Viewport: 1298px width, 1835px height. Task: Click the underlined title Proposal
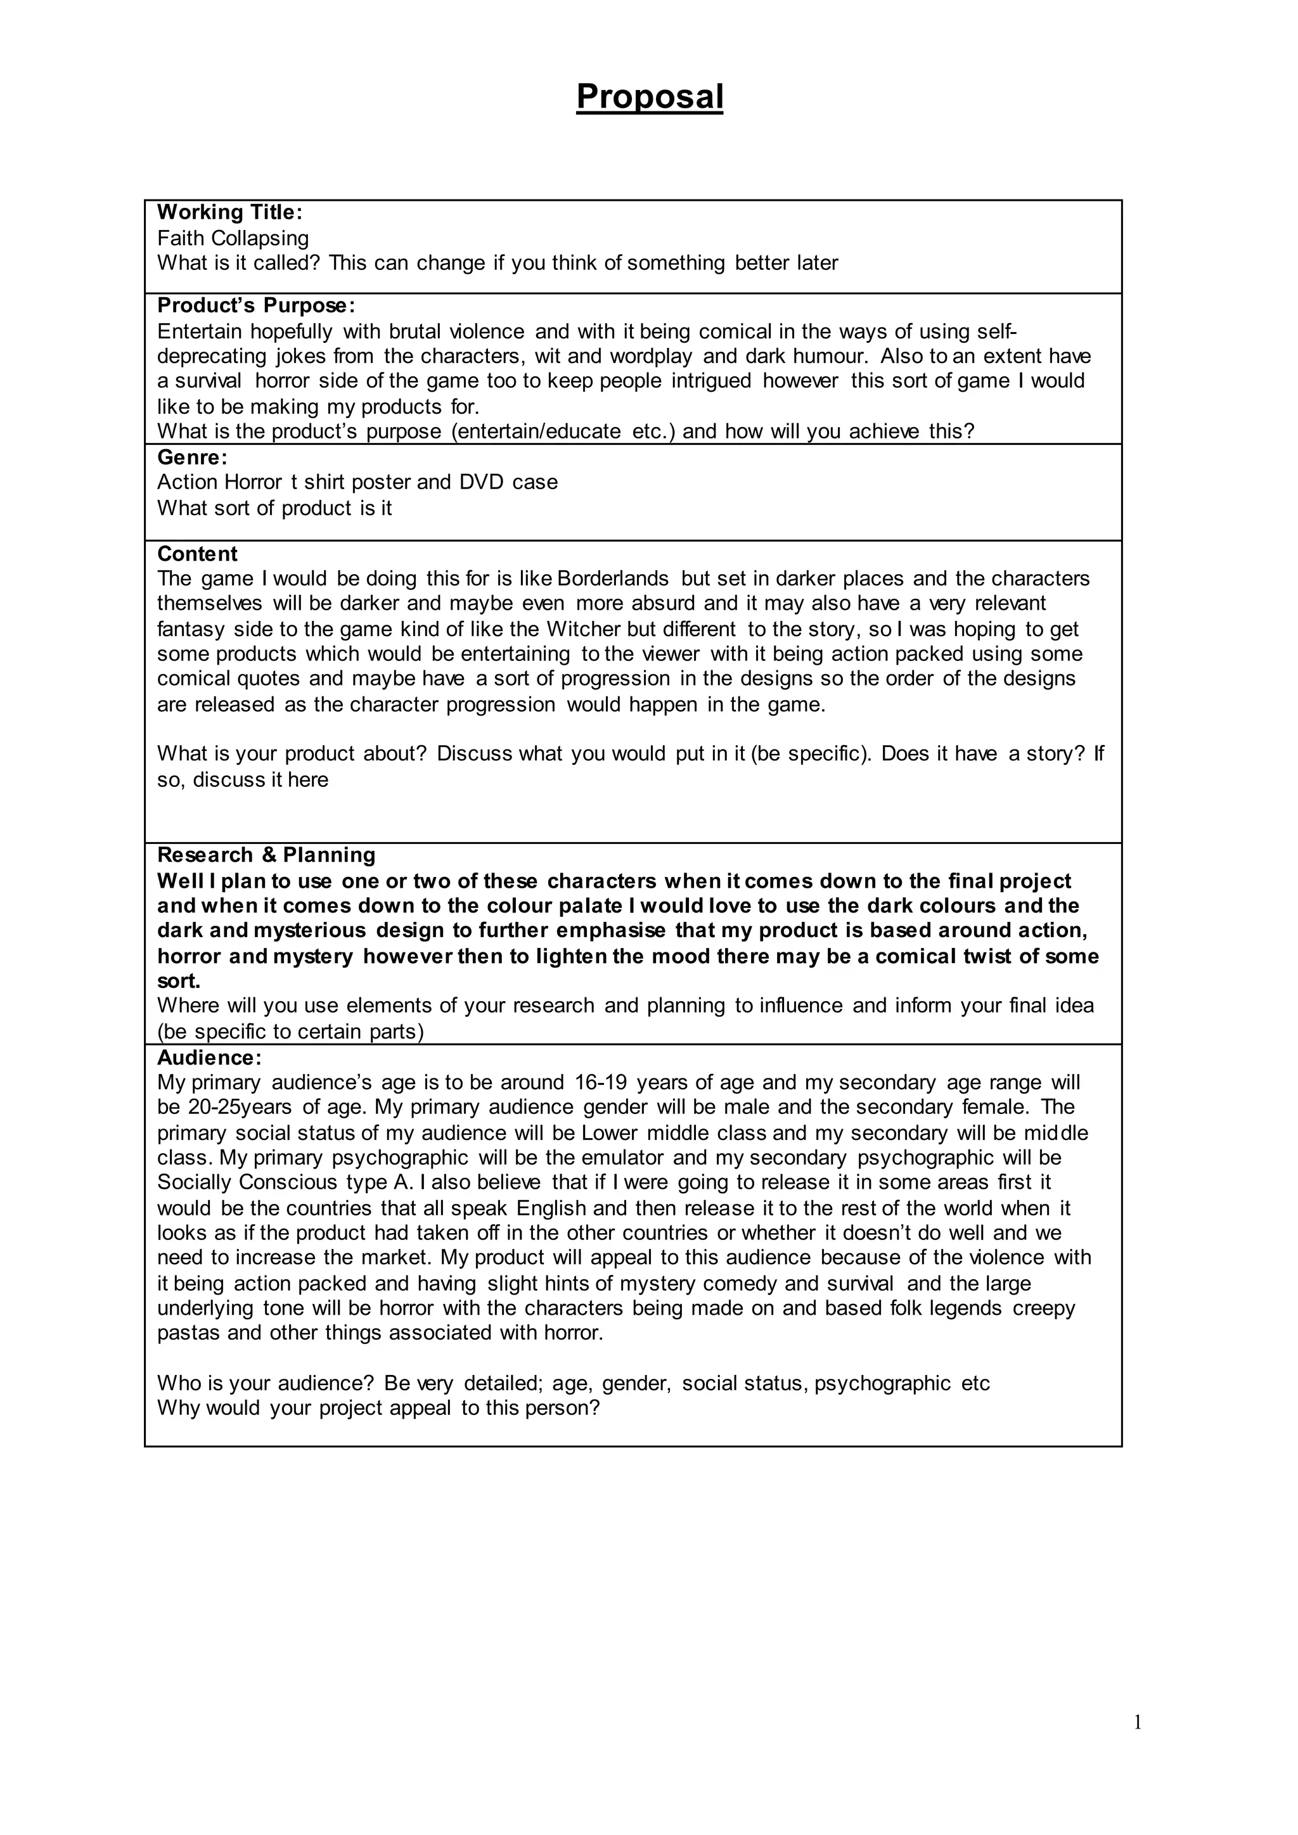(649, 97)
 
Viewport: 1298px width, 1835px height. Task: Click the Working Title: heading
(229, 213)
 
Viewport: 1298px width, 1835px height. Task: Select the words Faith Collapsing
(233, 238)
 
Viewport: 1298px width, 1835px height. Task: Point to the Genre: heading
(192, 457)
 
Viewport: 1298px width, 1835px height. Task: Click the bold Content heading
(196, 554)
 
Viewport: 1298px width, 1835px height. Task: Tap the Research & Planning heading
(266, 855)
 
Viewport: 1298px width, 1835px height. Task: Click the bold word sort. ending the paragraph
(178, 981)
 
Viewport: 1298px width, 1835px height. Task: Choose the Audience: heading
(209, 1058)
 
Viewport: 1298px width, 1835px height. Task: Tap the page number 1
(1138, 1723)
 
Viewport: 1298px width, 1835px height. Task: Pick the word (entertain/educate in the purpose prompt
(536, 432)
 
